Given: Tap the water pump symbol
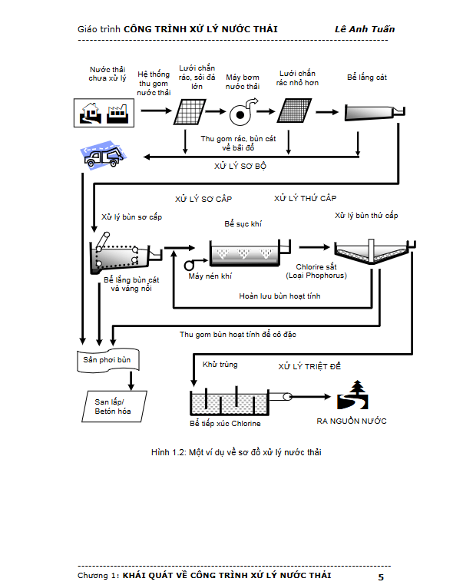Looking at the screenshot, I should click(243, 113).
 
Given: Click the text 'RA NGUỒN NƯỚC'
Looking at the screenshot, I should click(352, 421).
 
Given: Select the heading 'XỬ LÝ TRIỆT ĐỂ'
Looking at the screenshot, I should click(309, 367).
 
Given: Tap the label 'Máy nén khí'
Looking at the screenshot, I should click(210, 276).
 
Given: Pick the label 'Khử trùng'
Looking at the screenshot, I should click(217, 365).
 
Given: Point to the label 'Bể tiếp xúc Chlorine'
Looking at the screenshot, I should click(225, 423).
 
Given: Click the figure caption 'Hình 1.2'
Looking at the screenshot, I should click(236, 452).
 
